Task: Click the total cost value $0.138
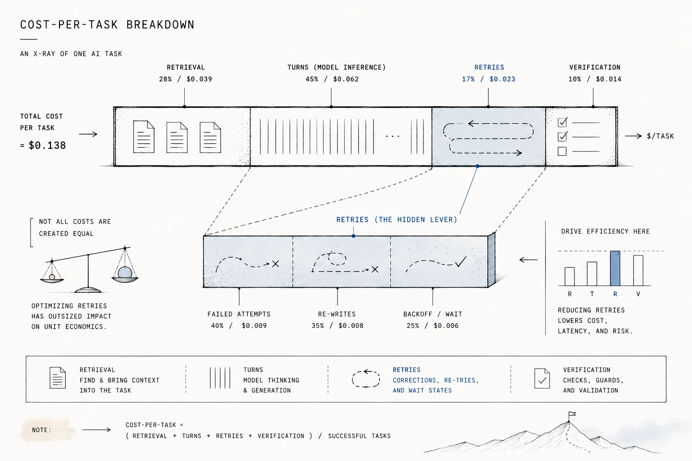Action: point(47,145)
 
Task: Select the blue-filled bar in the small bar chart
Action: point(615,268)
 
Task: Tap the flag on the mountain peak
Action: point(572,414)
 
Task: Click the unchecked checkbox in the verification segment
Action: point(562,151)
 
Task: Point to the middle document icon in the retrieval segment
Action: point(177,137)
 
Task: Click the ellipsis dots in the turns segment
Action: point(392,136)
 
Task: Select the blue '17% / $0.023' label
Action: point(488,79)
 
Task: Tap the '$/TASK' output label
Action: point(660,136)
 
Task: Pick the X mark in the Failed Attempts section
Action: point(275,264)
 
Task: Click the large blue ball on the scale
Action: point(125,273)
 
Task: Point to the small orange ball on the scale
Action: point(52,277)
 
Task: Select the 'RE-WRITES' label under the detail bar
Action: point(337,314)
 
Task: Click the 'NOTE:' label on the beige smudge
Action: point(42,430)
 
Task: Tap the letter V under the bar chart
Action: point(638,294)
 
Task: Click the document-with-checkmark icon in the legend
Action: point(542,378)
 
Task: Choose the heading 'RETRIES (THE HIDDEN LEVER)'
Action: point(396,220)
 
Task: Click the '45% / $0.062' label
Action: point(332,79)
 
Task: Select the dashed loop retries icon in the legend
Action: point(366,378)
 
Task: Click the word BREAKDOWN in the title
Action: point(160,25)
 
